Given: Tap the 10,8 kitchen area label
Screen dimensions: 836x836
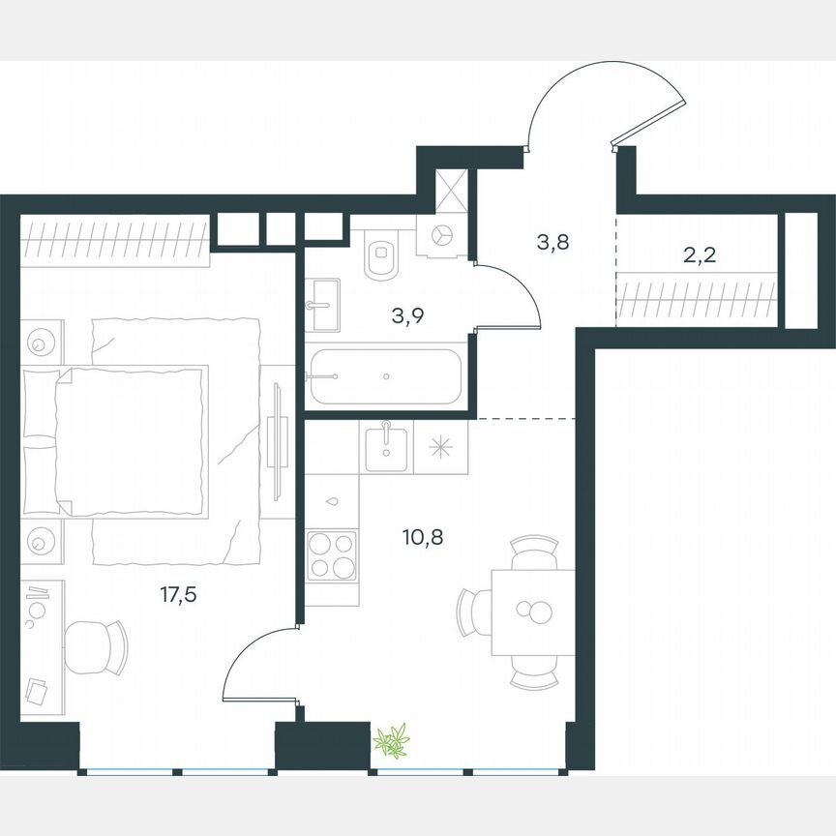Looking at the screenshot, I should click(x=423, y=534).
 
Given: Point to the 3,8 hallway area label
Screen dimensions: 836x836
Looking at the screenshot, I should click(x=552, y=241).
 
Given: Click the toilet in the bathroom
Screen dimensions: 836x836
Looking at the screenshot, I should click(x=382, y=257).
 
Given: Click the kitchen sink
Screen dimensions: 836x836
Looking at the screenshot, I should click(x=387, y=446).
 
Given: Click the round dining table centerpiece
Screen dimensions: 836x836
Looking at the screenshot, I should click(x=533, y=612).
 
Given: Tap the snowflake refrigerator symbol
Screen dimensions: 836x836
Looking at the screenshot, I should click(x=440, y=447).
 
